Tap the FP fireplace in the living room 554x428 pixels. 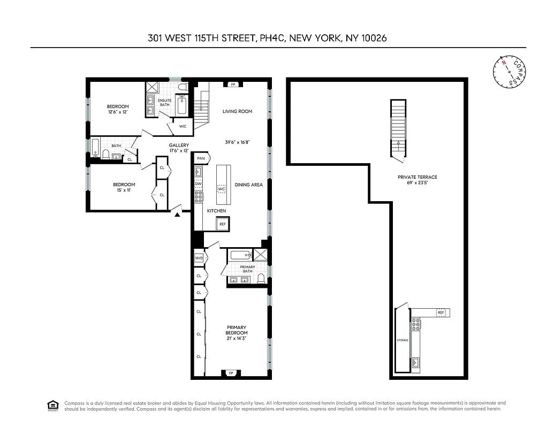(x=233, y=85)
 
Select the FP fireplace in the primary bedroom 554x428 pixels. (x=231, y=372)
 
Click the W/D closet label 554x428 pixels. (x=199, y=258)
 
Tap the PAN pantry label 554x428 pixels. (x=201, y=158)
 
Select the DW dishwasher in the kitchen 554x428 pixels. (x=198, y=184)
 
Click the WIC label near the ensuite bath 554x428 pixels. (x=183, y=126)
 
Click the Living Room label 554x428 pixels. (x=237, y=111)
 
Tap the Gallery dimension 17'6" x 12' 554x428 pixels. (x=179, y=150)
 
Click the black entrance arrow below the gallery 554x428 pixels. (x=177, y=214)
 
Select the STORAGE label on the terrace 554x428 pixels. (x=403, y=340)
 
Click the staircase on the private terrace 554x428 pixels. (x=398, y=128)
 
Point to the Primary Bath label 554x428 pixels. (x=247, y=269)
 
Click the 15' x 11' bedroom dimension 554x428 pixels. (x=120, y=190)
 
